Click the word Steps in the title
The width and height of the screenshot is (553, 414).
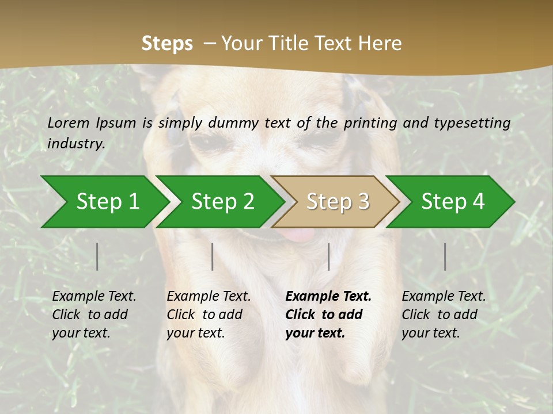click(167, 44)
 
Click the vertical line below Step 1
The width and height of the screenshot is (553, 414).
click(97, 256)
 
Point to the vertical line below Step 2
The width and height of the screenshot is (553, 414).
click(213, 256)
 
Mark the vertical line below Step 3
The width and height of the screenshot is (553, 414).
click(328, 256)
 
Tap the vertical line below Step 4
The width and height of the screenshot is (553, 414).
click(445, 256)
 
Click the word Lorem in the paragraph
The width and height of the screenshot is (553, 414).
click(69, 122)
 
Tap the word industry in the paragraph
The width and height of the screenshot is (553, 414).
click(75, 144)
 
